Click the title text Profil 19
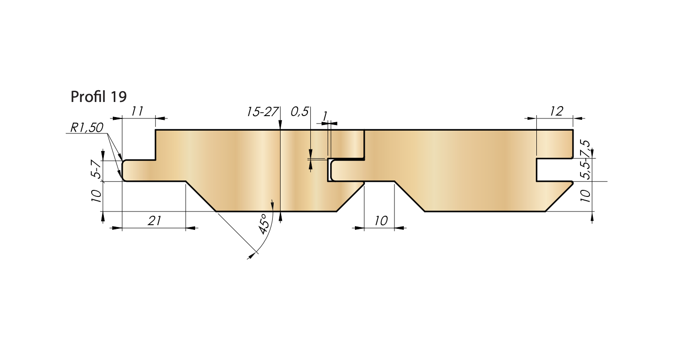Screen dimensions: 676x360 pos(98,96)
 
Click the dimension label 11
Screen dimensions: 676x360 pos(137,111)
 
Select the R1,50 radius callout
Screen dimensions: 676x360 pos(86,128)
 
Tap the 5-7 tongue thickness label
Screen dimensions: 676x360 pos(96,169)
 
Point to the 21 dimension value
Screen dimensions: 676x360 pos(154,221)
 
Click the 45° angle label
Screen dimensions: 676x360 pos(263,224)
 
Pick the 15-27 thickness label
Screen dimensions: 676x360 pos(262,112)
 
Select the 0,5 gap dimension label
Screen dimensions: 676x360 pos(299,112)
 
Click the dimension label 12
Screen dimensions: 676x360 pos(556,111)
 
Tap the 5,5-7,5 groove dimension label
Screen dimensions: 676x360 pos(586,160)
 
